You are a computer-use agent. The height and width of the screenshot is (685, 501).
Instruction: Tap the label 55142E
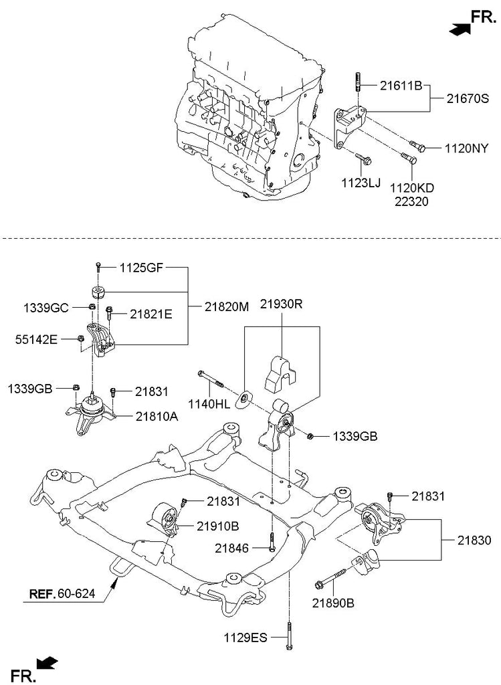coord(37,340)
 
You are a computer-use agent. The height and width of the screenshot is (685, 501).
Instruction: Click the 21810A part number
coord(157,415)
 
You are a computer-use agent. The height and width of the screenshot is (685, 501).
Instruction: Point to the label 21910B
coord(217,526)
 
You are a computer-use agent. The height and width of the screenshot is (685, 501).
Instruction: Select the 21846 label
coord(233,549)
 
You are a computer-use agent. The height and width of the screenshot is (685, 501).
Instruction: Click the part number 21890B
coord(332,603)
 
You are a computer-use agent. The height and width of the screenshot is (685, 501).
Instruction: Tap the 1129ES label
coord(245,638)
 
